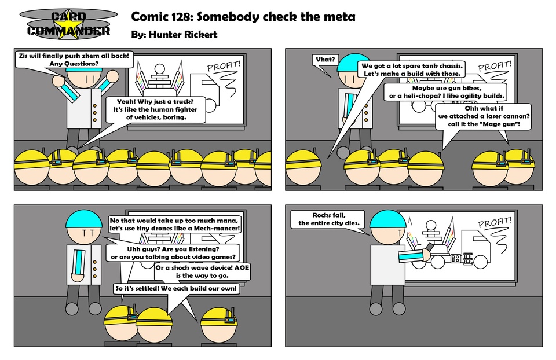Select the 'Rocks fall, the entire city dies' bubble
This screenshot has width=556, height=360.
[329, 219]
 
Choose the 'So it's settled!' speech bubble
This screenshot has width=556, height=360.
[176, 288]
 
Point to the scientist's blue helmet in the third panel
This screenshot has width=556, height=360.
[84, 218]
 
